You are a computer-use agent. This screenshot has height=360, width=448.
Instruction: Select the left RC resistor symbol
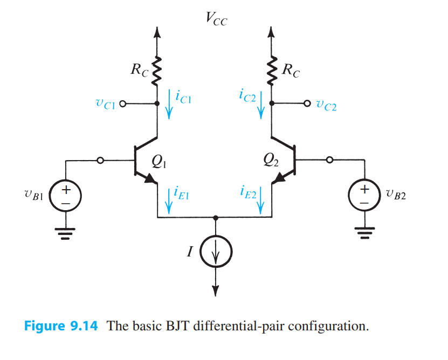(x=157, y=70)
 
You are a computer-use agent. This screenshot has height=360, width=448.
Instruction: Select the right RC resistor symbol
(x=271, y=70)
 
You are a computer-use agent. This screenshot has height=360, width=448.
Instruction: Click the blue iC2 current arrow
(x=261, y=105)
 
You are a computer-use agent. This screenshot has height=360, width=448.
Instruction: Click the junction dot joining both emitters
(x=216, y=218)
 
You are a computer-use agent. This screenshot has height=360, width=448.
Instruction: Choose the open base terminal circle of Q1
(x=101, y=160)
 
